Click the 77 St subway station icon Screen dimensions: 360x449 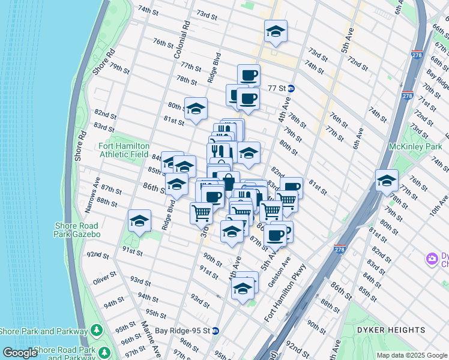coord(291,88)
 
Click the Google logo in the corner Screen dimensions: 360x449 coord(20,353)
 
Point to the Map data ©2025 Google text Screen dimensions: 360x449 coord(411,355)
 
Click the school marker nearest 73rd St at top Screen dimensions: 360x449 coord(276,32)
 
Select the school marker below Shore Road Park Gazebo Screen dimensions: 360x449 coord(139,221)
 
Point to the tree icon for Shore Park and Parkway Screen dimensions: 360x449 coord(96,331)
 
